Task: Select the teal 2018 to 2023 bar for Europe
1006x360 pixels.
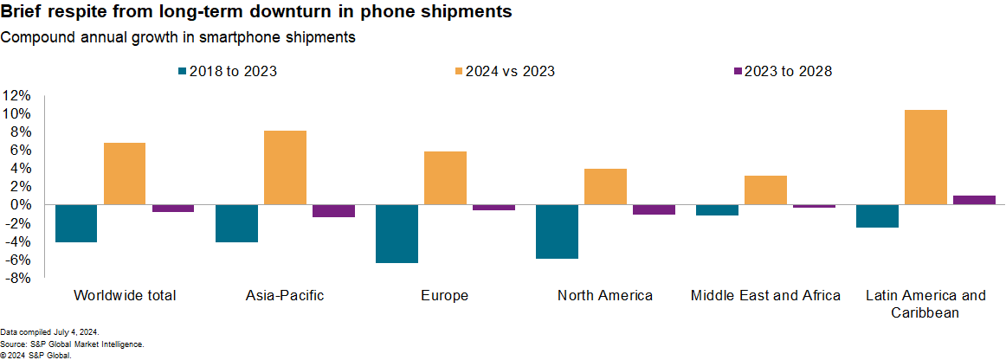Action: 397,234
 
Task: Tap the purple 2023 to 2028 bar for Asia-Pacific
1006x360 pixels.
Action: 333,211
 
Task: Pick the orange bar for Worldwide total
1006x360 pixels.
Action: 125,174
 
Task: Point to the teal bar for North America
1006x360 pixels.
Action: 557,231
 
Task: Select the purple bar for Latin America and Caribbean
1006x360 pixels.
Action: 974,200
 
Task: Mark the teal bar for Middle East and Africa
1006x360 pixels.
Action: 717,210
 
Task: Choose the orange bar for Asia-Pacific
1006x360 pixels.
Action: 285,168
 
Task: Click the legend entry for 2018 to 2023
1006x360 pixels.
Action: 227,72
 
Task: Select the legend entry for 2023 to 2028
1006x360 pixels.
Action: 783,72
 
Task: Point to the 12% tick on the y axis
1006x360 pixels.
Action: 17,95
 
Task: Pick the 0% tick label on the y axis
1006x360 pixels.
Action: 21,205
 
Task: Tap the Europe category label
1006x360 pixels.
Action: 445,296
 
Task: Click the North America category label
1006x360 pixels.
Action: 605,296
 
